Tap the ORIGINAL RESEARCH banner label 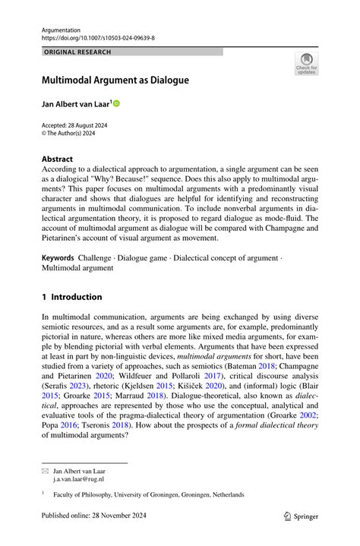click(77, 52)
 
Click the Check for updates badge click(306, 63)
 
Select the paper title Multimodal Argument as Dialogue click(115, 80)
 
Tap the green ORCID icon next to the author click(117, 103)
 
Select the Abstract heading click(57, 159)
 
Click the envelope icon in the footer click(45, 472)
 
